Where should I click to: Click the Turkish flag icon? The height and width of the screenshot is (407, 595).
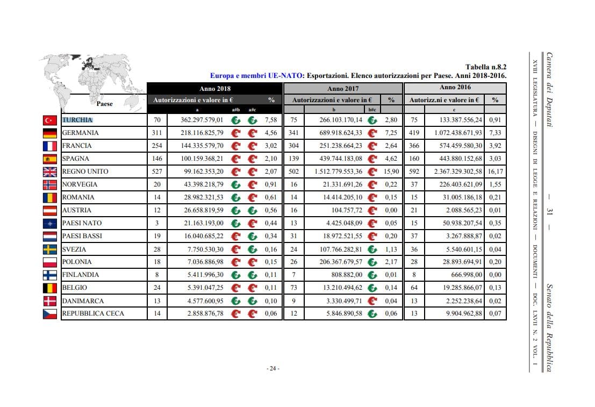tap(50, 120)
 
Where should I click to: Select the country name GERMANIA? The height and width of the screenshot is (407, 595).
tap(80, 133)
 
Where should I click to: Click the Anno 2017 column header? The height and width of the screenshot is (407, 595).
tap(342, 88)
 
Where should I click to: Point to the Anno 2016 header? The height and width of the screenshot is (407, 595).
tap(455, 87)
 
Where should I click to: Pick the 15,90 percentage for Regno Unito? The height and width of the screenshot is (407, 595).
tap(391, 172)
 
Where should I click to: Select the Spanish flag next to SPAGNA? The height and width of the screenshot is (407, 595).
tap(50, 159)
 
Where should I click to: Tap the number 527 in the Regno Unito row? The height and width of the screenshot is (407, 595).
tap(157, 172)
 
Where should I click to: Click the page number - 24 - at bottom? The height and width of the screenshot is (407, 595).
tap(273, 368)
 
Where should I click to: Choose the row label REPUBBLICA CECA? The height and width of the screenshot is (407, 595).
tap(93, 313)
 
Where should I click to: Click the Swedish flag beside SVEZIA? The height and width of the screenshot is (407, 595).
tap(50, 249)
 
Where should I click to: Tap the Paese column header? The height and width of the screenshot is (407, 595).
tap(105, 104)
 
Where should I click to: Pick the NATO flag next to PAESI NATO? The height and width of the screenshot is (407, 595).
tap(50, 224)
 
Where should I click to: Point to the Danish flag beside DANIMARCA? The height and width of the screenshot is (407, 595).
tap(50, 301)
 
